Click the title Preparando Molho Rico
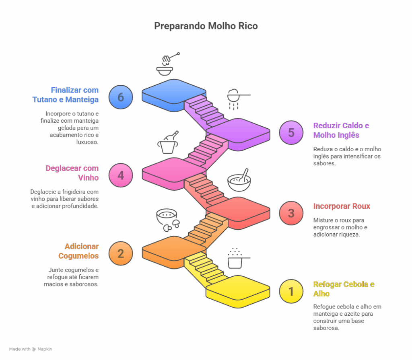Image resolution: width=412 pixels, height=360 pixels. [206, 26]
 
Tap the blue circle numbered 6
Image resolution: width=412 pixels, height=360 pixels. [121, 97]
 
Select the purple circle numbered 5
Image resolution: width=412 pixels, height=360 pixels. [291, 132]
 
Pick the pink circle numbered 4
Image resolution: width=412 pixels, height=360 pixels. [121, 175]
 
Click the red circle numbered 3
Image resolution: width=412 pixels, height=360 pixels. [291, 213]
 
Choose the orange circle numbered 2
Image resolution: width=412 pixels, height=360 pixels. [121, 253]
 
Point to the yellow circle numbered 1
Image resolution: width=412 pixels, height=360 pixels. [291, 291]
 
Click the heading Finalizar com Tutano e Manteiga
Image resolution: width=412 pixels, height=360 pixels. [66, 95]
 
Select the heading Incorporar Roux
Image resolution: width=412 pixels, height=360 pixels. [342, 206]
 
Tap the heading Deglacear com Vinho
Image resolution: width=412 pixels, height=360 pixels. [72, 173]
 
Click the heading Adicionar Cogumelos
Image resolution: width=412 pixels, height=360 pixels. [78, 251]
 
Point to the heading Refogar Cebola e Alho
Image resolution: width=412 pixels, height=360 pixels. [344, 289]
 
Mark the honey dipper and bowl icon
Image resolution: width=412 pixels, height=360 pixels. [167, 64]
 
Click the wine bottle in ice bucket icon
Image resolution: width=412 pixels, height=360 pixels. [168, 142]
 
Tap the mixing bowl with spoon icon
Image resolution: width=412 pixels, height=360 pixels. [239, 180]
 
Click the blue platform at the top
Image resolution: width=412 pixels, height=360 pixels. [174, 95]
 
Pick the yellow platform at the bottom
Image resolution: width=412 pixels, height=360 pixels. [238, 291]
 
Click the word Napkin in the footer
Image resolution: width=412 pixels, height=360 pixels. [45, 349]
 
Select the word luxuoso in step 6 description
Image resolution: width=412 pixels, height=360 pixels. [87, 142]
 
